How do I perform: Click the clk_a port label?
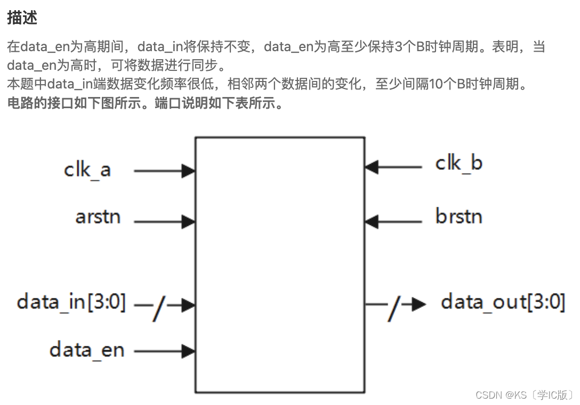pyautogui.click(x=87, y=170)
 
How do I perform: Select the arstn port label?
pyautogui.click(x=98, y=217)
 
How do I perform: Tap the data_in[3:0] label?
pyautogui.click(x=71, y=302)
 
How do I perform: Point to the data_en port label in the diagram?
pyautogui.click(x=87, y=350)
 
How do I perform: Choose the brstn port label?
pyautogui.click(x=458, y=216)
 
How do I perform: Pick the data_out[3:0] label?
pyautogui.click(x=503, y=302)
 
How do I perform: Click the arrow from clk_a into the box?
pyautogui.click(x=164, y=171)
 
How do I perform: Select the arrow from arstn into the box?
pyautogui.click(x=164, y=221)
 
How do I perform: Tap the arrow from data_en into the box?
pyautogui.click(x=164, y=351)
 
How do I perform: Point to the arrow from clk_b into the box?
pyautogui.click(x=393, y=167)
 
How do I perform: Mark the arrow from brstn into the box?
pyautogui.click(x=393, y=220)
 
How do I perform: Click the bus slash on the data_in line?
pyautogui.click(x=158, y=309)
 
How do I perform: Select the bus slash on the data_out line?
pyautogui.click(x=393, y=309)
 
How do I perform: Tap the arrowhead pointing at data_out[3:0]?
pyautogui.click(x=418, y=304)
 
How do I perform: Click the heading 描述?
pyautogui.click(x=22, y=18)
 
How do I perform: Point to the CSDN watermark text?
pyautogui.click(x=524, y=395)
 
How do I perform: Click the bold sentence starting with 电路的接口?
pyautogui.click(x=145, y=103)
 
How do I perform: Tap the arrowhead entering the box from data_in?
pyautogui.click(x=188, y=305)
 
